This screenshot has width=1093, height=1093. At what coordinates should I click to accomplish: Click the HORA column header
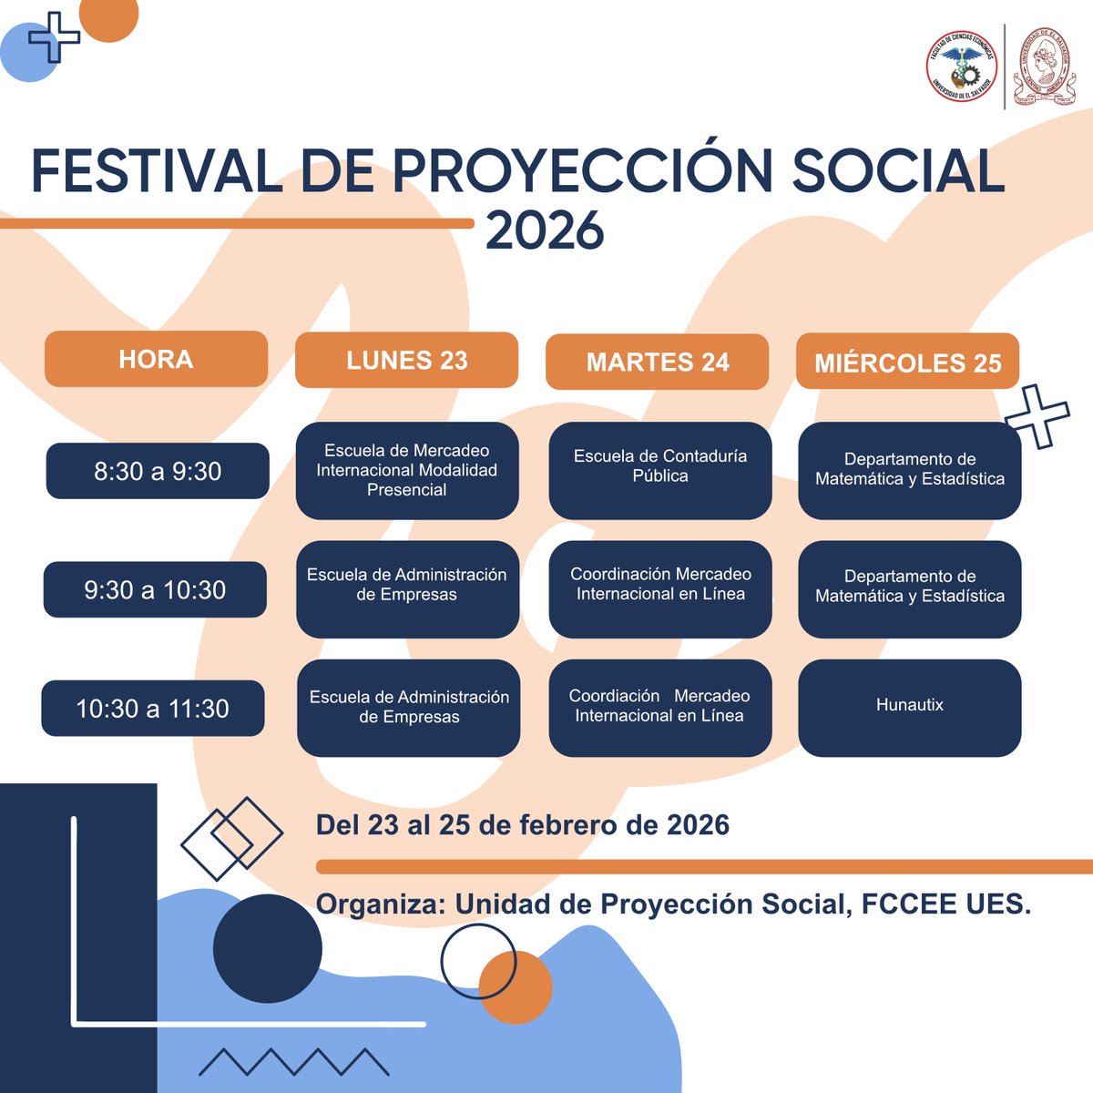(x=156, y=359)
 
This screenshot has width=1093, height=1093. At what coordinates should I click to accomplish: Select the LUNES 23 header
(x=406, y=360)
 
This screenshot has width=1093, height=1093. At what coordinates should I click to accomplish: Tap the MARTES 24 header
(x=657, y=362)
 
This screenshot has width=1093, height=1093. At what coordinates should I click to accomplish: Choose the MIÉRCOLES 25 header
(x=907, y=363)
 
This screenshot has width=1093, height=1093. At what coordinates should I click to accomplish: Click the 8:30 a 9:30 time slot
(x=158, y=471)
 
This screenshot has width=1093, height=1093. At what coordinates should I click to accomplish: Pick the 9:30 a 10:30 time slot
(x=155, y=589)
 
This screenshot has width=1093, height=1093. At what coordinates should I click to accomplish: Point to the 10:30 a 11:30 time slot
(x=152, y=708)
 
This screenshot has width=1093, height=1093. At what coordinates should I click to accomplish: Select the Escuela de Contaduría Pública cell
(x=660, y=470)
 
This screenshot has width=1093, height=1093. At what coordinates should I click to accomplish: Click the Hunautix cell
(x=909, y=708)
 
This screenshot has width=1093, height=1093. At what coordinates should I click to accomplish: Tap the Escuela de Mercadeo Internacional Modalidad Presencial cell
(x=407, y=470)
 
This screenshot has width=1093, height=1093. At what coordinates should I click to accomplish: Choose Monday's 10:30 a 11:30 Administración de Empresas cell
(x=409, y=708)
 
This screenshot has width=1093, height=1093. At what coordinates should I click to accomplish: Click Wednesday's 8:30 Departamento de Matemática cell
(x=909, y=470)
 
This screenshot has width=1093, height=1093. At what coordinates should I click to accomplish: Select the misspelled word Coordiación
(x=614, y=696)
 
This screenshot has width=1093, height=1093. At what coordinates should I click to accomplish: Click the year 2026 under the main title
(x=545, y=230)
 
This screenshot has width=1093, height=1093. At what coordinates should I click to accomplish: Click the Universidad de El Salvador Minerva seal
(x=1044, y=65)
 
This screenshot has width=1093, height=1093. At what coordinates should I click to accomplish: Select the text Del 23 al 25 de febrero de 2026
(x=522, y=825)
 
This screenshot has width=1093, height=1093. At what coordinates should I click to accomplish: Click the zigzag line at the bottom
(x=294, y=1062)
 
